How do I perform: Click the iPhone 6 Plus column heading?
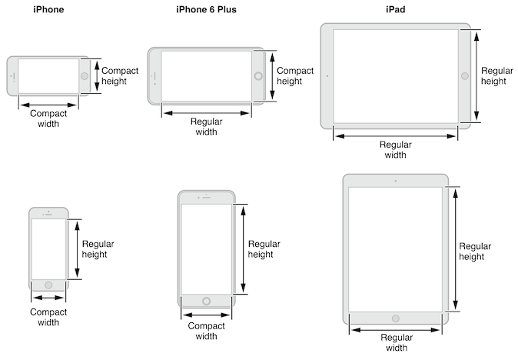(x=206, y=9)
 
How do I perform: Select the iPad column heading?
(x=395, y=9)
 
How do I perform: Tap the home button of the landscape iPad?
(x=464, y=75)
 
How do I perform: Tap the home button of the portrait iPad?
(x=395, y=318)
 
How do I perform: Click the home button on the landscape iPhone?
(x=84, y=76)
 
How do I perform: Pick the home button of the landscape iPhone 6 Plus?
(x=258, y=76)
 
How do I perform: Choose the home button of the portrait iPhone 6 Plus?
(x=205, y=301)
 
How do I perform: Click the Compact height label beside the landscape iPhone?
(x=120, y=75)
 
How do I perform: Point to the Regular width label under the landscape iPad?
(x=395, y=149)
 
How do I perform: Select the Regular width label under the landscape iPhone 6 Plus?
(x=206, y=126)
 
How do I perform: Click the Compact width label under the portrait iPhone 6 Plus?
(x=205, y=331)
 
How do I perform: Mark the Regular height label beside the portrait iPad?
(x=475, y=251)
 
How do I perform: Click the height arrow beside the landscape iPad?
(x=477, y=75)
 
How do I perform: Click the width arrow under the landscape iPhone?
(x=48, y=104)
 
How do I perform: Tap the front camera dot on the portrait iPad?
(x=395, y=181)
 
